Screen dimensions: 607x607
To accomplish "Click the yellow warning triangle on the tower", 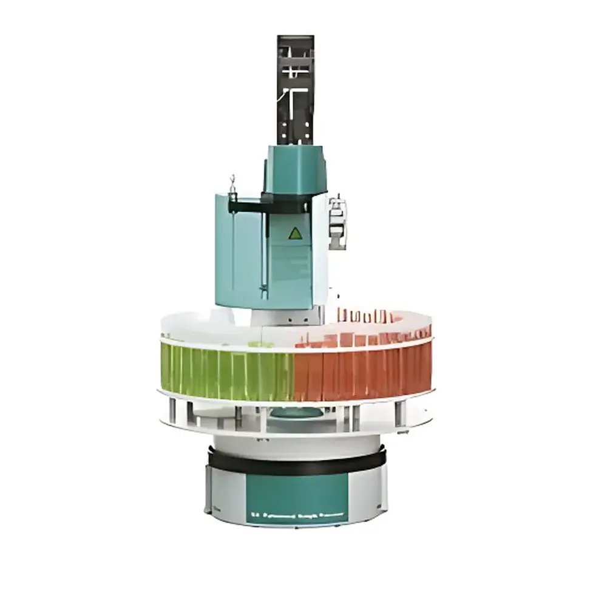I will click(295, 233).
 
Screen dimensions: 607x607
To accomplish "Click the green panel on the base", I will click(296, 495).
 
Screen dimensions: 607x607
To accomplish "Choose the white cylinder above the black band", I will click(296, 441).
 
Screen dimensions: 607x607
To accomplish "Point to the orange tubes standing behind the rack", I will click(364, 316).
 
